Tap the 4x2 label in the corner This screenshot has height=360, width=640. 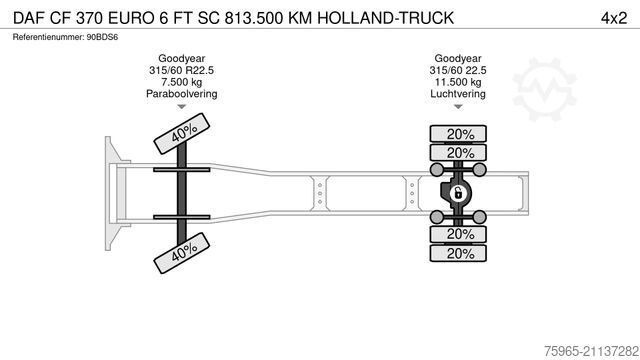click(611, 18)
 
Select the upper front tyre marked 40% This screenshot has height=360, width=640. click(181, 134)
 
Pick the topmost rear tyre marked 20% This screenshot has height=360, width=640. click(458, 134)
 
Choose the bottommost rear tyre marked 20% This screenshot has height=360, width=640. click(458, 253)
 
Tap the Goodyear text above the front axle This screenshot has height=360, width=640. click(181, 58)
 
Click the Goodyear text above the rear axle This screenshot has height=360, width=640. click(458, 58)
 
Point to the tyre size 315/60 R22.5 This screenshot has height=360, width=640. click(181, 70)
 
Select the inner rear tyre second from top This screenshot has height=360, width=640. click(458, 153)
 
